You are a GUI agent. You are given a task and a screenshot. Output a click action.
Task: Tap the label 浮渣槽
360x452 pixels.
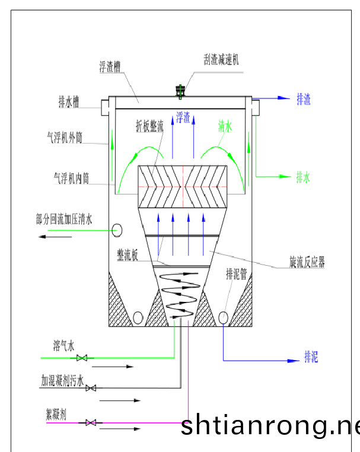pyautogui.click(x=110, y=66)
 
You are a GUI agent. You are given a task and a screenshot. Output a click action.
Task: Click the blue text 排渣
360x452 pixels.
pyautogui.click(x=304, y=99)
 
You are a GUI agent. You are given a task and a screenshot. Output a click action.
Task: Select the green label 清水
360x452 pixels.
pyautogui.click(x=225, y=126)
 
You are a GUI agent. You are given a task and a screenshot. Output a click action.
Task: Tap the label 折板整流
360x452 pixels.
pyautogui.click(x=149, y=126)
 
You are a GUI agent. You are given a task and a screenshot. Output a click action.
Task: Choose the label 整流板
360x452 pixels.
pyautogui.click(x=129, y=254)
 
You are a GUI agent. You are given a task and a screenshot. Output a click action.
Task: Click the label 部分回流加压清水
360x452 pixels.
pyautogui.click(x=64, y=219)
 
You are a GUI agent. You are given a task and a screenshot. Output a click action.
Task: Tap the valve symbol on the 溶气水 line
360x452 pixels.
pyautogui.click(x=83, y=358)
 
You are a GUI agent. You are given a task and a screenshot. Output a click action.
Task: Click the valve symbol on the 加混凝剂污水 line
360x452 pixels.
pyautogui.click(x=91, y=388)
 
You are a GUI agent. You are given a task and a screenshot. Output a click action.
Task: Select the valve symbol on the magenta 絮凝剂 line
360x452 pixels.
pyautogui.click(x=91, y=422)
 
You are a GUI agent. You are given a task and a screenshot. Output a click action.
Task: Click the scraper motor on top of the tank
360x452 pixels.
pyautogui.click(x=180, y=91)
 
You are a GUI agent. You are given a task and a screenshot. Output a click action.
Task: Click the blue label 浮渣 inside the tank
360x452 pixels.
pyautogui.click(x=183, y=117)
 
